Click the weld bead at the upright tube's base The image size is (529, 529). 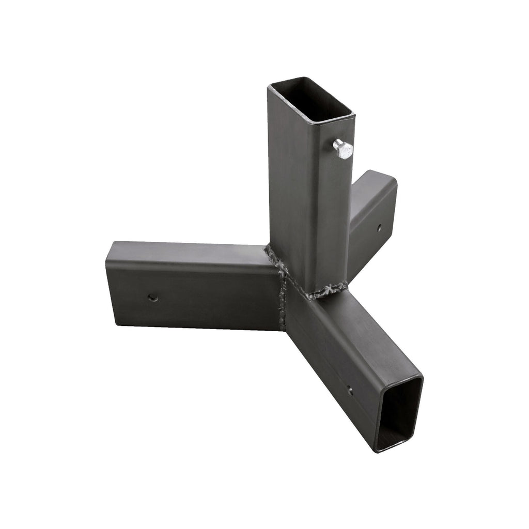325,292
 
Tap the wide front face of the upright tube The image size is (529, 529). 289,196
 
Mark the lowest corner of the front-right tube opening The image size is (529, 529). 376,450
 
